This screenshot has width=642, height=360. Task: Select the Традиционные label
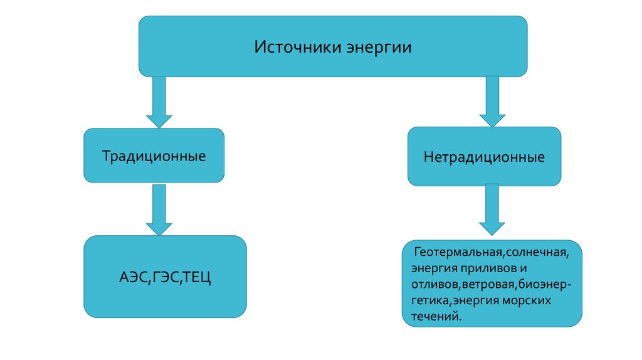pos(154,156)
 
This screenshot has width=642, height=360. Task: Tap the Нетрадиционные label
pos(484,157)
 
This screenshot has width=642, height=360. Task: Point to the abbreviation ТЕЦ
pos(196,277)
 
